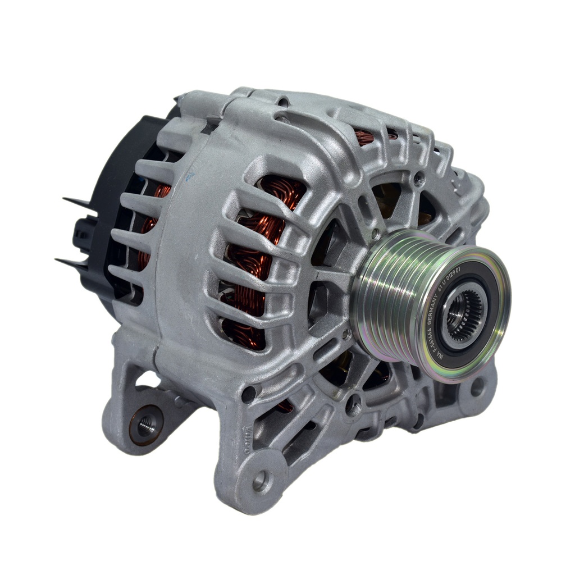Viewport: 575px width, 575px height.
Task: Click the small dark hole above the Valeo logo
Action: pos(248,395)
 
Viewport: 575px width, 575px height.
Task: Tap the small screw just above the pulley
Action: pos(375,232)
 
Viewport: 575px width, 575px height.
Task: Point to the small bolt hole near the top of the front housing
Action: pos(419,180)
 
